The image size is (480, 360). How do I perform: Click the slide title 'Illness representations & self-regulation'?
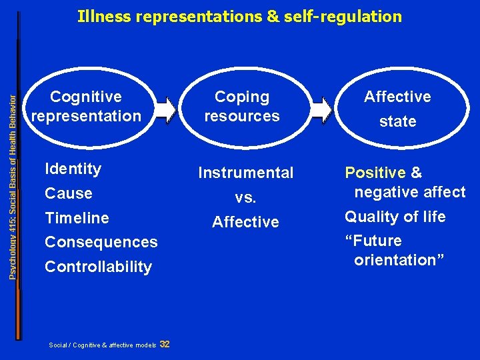239,16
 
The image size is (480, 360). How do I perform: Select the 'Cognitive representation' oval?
87,107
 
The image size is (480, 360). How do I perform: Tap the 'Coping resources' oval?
241,107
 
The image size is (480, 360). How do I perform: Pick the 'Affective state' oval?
397,109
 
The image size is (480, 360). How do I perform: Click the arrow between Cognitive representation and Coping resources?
165,109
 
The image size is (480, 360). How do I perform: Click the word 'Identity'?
73,169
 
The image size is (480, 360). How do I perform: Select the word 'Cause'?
69,193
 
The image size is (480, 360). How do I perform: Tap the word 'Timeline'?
77,218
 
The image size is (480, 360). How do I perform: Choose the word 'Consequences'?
101,242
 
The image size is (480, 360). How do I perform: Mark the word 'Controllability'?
98,267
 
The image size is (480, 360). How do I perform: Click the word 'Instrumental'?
246,173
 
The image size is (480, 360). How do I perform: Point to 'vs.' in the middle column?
246,198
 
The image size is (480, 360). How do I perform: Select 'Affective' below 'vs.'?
246,222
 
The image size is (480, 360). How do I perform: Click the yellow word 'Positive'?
375,173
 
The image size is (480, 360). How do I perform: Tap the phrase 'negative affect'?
409,193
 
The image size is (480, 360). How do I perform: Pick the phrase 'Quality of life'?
395,217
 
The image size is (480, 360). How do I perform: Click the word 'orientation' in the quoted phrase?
399,260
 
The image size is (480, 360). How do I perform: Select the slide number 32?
165,344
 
